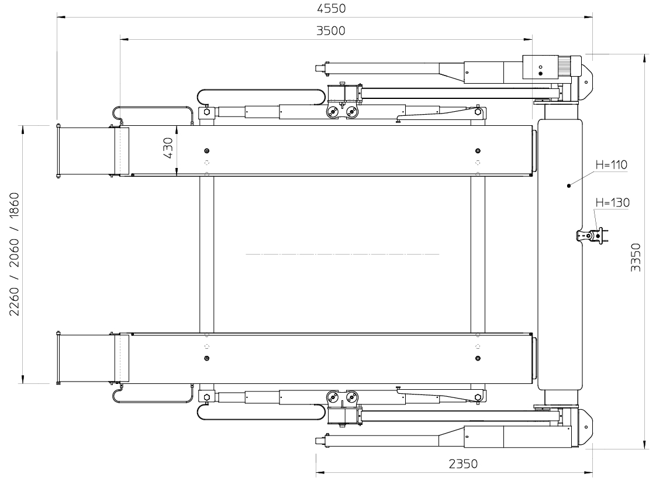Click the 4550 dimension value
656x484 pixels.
coord(331,8)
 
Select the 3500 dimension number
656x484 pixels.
coord(330,31)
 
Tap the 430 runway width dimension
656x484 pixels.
coord(168,148)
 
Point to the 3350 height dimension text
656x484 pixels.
coord(636,258)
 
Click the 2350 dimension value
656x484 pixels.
coord(463,464)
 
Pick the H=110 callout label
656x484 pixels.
coord(612,164)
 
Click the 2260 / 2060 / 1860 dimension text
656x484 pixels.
coord(15,254)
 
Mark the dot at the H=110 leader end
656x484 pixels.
coord(569,186)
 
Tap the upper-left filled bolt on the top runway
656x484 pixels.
coord(206,151)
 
